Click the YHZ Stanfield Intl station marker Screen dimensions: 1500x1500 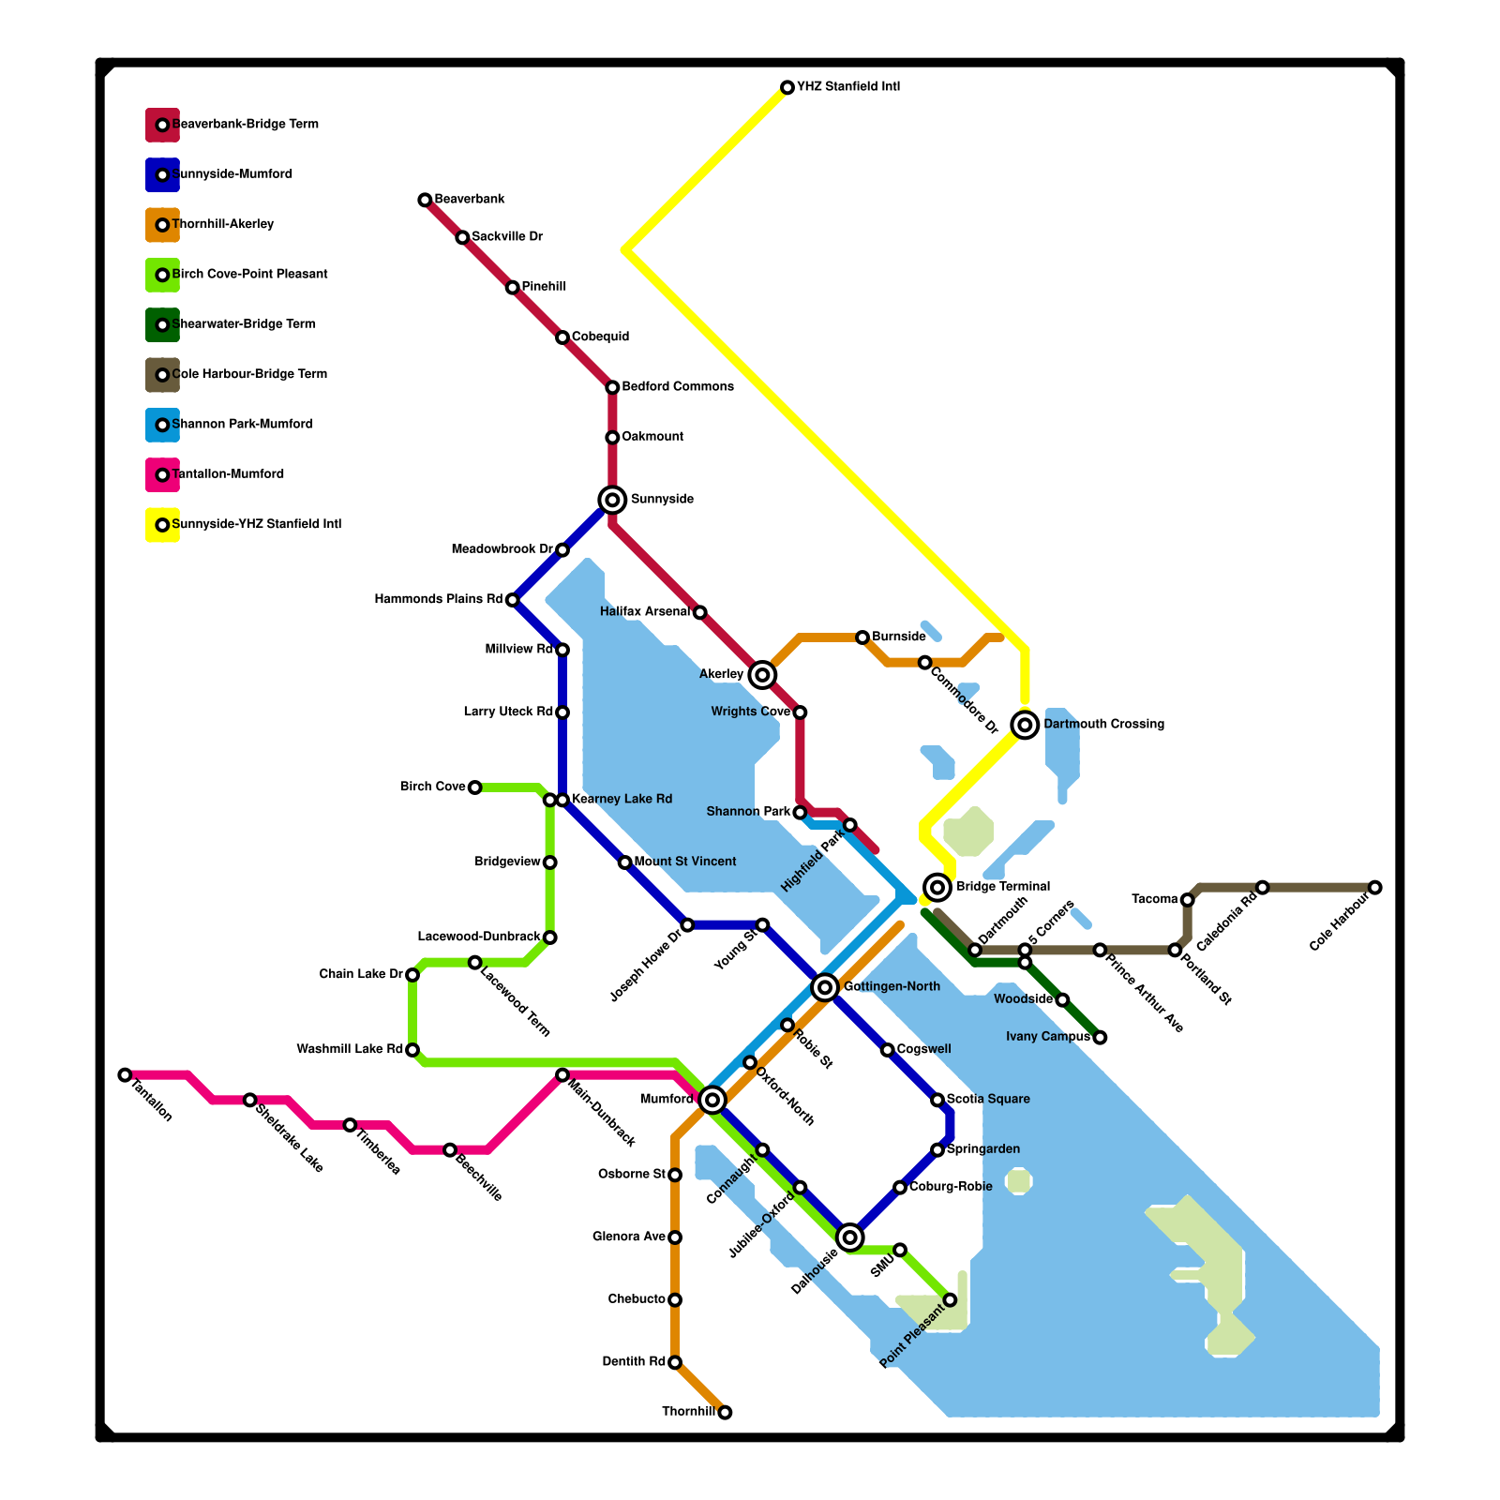pos(787,87)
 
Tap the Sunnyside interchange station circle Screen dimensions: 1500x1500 pos(612,500)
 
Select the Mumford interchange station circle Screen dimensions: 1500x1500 pos(712,1099)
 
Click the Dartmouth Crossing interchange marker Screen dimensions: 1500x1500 pos(1026,724)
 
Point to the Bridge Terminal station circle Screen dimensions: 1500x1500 pos(937,887)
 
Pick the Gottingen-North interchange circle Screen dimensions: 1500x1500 pos(825,986)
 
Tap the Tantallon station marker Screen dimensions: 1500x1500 pos(125,1074)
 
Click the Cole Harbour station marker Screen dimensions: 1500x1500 pos(1374,887)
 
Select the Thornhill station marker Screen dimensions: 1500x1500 pos(725,1412)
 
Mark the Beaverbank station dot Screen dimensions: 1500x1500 pos(425,200)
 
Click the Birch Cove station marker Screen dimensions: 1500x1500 pos(475,787)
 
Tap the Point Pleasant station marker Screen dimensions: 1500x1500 pos(950,1299)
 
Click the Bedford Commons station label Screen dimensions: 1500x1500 pos(678,387)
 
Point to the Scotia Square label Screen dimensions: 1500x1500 pos(988,1099)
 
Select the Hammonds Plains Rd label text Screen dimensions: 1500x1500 pos(439,599)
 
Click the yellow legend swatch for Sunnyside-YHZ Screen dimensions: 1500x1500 pos(162,525)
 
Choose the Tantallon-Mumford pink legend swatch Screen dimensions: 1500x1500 pos(162,474)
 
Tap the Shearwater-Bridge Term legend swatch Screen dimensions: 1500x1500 pos(162,324)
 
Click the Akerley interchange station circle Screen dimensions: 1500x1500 pos(763,674)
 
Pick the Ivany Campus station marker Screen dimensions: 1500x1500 pos(1101,1037)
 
